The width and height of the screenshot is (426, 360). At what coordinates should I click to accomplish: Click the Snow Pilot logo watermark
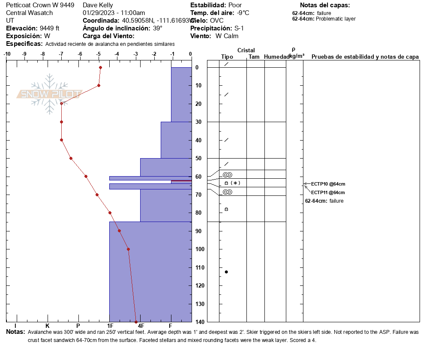pos(50,94)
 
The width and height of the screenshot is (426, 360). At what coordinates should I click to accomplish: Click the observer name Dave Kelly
pos(98,5)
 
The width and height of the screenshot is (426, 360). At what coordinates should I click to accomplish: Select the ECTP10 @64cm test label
pos(328,184)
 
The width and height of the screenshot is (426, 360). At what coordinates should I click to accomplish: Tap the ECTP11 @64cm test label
pos(328,192)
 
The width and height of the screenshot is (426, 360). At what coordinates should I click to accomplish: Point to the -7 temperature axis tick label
pos(61,54)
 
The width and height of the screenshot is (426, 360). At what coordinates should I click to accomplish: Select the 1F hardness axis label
pos(110,325)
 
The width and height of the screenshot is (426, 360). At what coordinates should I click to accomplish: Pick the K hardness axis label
pos(48,325)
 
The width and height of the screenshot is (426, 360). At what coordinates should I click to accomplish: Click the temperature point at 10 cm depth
pos(99,85)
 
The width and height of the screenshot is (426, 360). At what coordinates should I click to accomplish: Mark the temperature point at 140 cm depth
pos(136,322)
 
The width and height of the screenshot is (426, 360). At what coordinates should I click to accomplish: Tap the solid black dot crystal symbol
pos(226,272)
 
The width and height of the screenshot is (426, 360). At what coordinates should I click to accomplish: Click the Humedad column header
pos(275,57)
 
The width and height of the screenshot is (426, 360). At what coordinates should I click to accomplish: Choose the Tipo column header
pos(227,57)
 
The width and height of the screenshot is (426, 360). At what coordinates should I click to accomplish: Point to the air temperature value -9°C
pos(243,13)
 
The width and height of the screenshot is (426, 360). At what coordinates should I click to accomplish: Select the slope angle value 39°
pos(158,28)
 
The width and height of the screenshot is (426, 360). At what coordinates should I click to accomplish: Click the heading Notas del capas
pos(325,5)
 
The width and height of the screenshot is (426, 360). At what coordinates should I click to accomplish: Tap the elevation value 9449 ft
pos(50,28)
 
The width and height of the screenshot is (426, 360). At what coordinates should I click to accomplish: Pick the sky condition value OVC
pos(217,21)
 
